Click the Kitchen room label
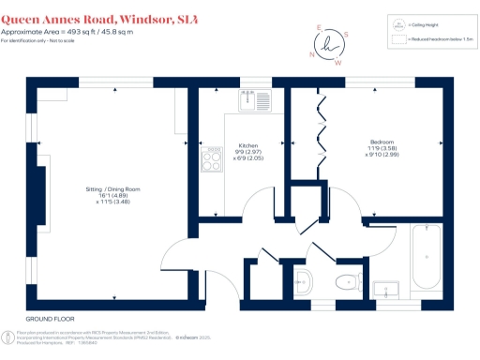pyautogui.click(x=248, y=146)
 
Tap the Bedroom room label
pyautogui.click(x=382, y=141)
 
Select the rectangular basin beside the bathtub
pyautogui.click(x=383, y=288)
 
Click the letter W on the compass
pyautogui.click(x=338, y=64)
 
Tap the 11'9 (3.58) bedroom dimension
pyautogui.click(x=382, y=147)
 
